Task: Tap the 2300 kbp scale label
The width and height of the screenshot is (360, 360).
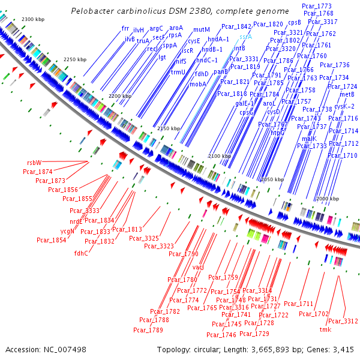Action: [x=32, y=20]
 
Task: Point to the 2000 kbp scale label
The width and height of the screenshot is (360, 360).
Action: [x=327, y=199]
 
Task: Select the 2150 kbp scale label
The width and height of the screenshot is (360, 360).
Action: [x=168, y=128]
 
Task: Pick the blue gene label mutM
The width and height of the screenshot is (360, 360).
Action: [x=202, y=29]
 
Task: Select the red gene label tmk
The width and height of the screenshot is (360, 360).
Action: [x=325, y=329]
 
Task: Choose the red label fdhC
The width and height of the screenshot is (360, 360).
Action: [x=81, y=253]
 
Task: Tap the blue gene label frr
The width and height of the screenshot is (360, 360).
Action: [x=125, y=28]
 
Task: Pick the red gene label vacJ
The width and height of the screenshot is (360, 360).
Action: [x=199, y=267]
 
